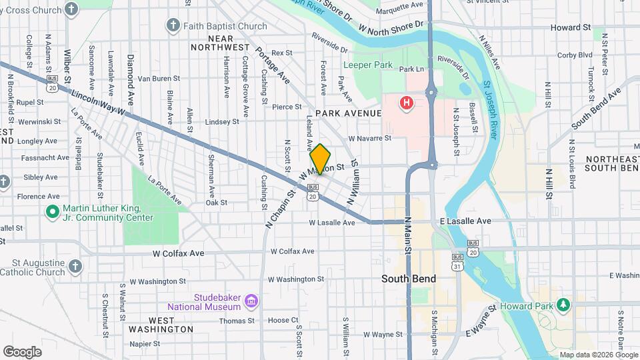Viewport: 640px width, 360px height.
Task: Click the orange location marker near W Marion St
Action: tap(320, 159)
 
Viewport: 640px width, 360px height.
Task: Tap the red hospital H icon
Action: tap(405, 103)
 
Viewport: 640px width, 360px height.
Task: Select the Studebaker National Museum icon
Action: tap(251, 301)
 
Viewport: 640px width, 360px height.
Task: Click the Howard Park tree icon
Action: tap(564, 305)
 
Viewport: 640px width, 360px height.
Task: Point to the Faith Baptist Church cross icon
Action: tap(173, 26)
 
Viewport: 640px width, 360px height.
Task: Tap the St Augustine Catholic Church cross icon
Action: tap(75, 267)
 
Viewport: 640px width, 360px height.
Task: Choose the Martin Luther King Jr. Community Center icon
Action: tap(52, 212)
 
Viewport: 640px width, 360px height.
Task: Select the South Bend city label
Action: tap(408, 278)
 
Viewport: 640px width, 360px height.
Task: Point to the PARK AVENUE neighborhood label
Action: tap(349, 113)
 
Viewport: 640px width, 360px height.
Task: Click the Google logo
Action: tap(22, 351)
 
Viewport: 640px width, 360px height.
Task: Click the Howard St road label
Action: tap(570, 27)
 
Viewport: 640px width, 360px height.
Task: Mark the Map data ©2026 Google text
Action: tap(597, 355)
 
